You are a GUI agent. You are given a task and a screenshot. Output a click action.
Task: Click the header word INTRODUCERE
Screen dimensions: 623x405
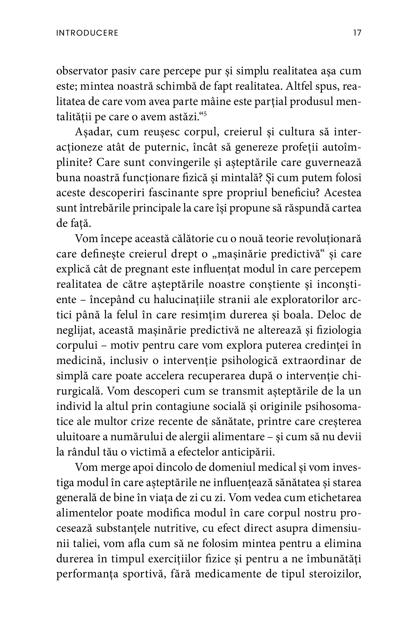click(x=87, y=33)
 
